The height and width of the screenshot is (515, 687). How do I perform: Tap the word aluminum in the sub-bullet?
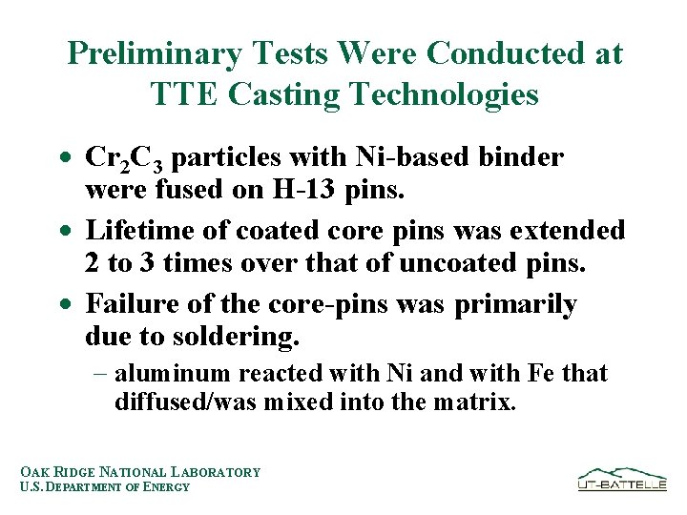point(173,374)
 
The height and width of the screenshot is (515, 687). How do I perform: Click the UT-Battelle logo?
point(621,479)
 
